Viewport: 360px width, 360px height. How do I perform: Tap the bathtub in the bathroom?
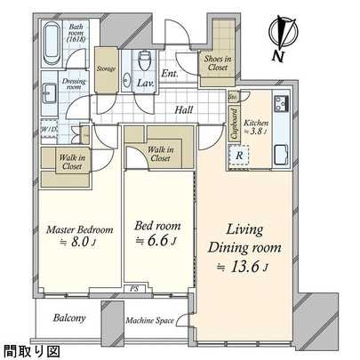point(50,40)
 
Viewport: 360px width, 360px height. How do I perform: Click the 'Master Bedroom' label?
point(72,230)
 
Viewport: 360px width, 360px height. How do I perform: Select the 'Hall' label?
point(185,110)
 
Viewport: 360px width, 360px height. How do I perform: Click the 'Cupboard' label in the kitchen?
point(233,124)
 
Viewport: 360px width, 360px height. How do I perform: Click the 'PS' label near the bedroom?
point(133,289)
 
